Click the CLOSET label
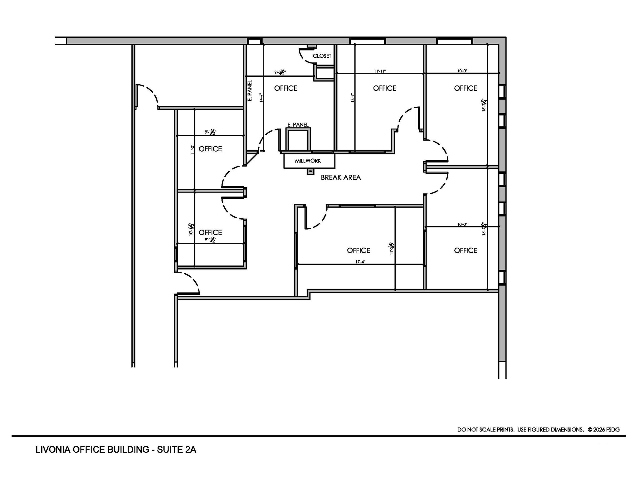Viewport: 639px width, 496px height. [322, 56]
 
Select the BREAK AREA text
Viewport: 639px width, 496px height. [341, 177]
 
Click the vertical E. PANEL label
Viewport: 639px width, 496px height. [250, 91]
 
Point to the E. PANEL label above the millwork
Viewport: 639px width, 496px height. [298, 125]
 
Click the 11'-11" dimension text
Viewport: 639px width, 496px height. [380, 71]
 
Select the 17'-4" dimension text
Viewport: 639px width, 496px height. [360, 262]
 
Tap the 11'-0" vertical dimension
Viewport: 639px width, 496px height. [192, 149]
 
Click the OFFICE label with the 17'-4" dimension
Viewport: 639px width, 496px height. [359, 250]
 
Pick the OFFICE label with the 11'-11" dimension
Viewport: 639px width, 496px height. [384, 88]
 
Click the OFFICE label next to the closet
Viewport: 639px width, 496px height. [286, 88]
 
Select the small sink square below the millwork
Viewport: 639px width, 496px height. [310, 171]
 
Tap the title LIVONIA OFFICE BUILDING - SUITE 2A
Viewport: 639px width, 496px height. [116, 450]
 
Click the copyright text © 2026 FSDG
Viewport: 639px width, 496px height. [603, 430]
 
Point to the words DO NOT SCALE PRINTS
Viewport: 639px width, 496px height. [485, 430]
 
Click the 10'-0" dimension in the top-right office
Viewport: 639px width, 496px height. [462, 71]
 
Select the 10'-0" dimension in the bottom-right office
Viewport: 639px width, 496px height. [462, 224]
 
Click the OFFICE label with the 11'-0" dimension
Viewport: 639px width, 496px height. [210, 149]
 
